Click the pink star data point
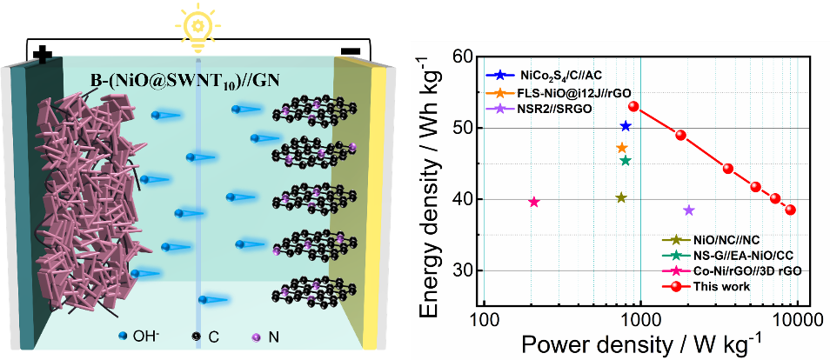[x=534, y=202]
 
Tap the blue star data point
[x=625, y=126]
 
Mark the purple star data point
[x=689, y=210]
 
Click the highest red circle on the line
[x=633, y=107]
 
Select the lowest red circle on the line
[x=790, y=210]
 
